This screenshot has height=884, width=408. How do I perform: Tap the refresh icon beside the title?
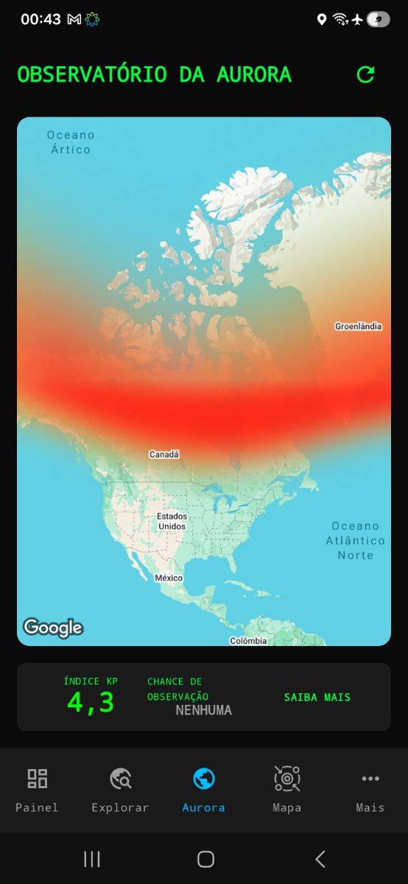click(365, 74)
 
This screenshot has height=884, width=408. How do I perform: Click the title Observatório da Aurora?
click(154, 74)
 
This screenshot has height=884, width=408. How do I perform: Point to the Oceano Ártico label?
click(71, 142)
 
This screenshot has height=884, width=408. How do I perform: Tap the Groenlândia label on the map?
click(359, 326)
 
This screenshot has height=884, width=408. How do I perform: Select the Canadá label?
click(164, 455)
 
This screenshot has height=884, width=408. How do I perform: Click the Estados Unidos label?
click(172, 522)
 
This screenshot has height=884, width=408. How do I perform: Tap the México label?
click(169, 578)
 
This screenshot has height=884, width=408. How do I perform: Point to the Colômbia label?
click(248, 641)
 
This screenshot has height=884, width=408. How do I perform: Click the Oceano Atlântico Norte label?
click(355, 540)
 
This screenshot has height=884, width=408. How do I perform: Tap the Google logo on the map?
click(52, 628)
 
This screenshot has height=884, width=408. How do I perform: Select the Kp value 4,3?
click(91, 702)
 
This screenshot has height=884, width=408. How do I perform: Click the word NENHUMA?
click(203, 710)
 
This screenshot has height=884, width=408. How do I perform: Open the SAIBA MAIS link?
click(317, 697)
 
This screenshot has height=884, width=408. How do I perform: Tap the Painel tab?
click(37, 790)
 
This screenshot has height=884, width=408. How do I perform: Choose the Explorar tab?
click(120, 790)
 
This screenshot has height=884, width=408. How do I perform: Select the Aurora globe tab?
click(204, 790)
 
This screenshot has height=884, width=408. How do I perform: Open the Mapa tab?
click(287, 790)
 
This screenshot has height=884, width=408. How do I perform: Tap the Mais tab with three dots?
click(370, 790)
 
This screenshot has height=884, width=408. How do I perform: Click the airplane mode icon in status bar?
click(358, 20)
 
